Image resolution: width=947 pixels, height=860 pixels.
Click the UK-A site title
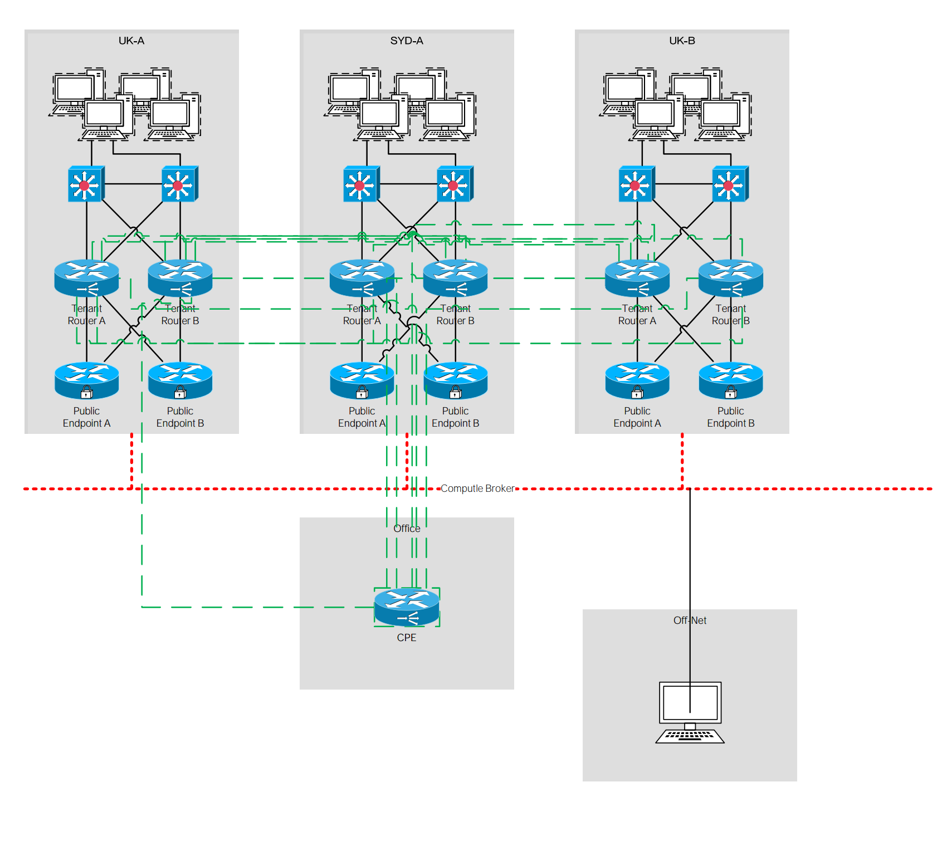(131, 41)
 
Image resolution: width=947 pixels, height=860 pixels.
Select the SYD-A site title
(407, 41)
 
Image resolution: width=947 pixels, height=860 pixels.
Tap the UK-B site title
(682, 41)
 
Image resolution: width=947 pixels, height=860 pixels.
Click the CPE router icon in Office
(407, 607)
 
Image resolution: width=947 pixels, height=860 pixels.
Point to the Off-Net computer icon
(690, 712)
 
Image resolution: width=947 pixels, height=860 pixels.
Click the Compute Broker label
(477, 488)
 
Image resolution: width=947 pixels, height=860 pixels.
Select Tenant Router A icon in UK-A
(86, 278)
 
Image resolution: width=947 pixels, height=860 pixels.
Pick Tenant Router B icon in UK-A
(180, 278)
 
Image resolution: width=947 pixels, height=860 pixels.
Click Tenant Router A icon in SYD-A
(362, 278)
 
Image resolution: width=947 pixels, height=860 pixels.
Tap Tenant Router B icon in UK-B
(731, 278)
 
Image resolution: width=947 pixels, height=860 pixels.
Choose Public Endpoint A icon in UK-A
(86, 381)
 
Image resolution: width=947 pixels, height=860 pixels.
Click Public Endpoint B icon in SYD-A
(456, 381)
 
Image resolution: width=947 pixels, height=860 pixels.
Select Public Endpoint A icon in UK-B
(637, 381)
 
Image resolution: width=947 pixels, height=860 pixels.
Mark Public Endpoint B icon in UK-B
(731, 381)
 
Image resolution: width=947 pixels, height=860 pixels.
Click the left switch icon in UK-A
(86, 184)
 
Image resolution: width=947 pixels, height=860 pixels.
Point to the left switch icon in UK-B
(637, 184)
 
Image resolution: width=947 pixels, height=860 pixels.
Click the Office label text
(407, 529)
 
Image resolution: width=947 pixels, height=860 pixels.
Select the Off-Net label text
(690, 620)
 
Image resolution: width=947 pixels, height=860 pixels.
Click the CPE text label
(407, 638)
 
